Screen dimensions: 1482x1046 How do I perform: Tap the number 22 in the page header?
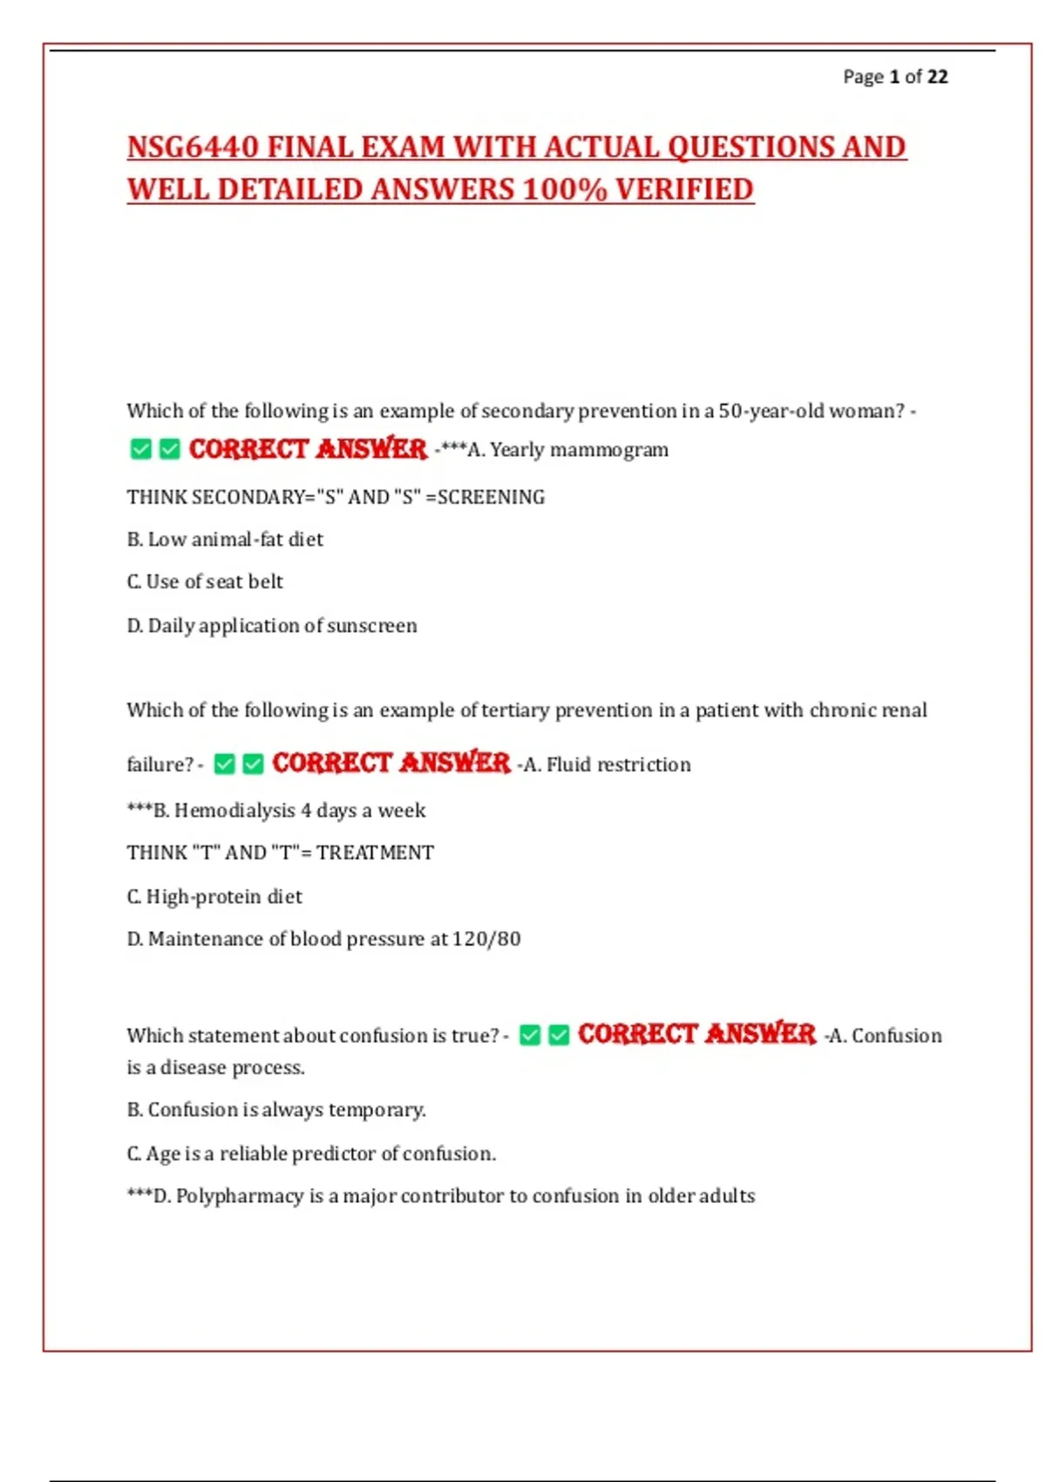click(x=937, y=77)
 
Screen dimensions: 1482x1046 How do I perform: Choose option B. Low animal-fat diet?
click(x=225, y=540)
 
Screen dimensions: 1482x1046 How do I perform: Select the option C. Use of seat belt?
click(x=205, y=581)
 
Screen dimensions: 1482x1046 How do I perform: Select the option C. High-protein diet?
click(x=214, y=896)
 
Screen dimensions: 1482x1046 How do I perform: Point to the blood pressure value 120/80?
click(x=486, y=939)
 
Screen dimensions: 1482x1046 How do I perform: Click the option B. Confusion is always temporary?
click(x=276, y=1110)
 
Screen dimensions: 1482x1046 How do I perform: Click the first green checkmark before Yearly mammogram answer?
click(x=140, y=449)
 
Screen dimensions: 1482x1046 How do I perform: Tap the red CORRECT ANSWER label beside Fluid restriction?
click(x=391, y=763)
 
